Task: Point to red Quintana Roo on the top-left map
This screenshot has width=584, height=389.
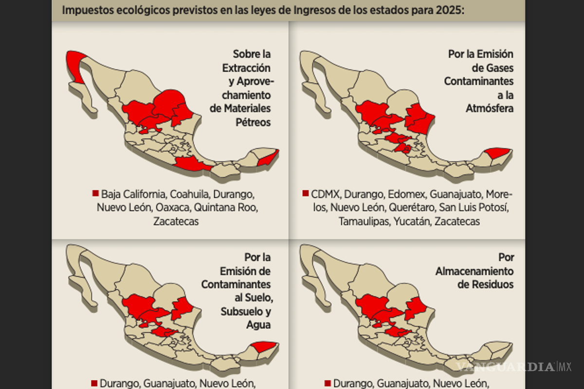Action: (270, 158)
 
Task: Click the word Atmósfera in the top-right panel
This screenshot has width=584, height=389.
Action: (490, 108)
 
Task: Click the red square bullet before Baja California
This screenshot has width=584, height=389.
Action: (95, 194)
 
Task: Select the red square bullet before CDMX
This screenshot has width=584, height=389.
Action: (306, 194)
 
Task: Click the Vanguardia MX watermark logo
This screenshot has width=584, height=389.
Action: (513, 366)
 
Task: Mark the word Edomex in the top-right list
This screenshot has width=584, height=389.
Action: (406, 194)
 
